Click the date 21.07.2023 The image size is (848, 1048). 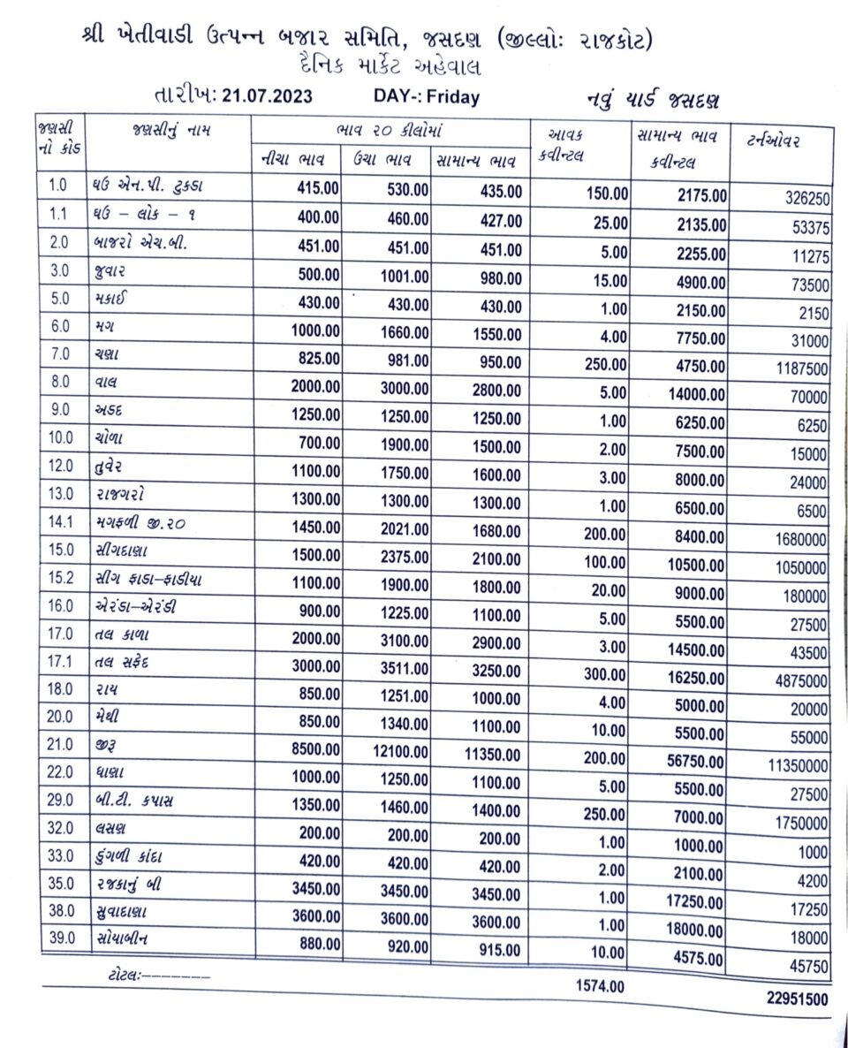267,96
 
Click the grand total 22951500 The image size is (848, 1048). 798,999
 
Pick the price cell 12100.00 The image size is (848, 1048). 399,750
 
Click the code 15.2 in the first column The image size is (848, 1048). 60,580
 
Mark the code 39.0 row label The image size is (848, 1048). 60,939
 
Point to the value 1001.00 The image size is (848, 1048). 405,276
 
